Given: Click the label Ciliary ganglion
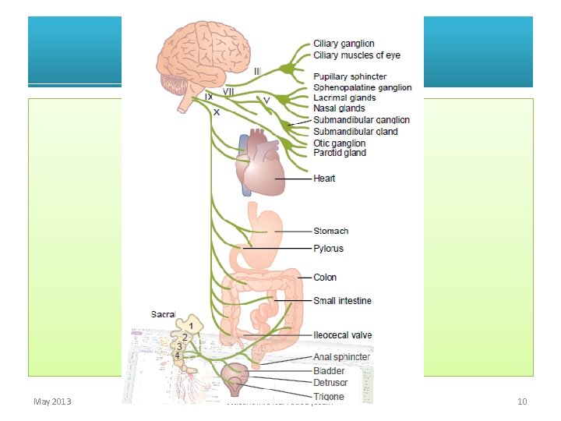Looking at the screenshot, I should pyautogui.click(x=344, y=44).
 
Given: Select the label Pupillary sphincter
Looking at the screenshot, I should pyautogui.click(x=350, y=76).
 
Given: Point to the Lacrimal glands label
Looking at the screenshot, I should pyautogui.click(x=344, y=98).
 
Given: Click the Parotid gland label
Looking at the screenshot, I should pyautogui.click(x=339, y=153).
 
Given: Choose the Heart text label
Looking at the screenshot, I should pyautogui.click(x=324, y=179).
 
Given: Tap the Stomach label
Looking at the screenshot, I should pyautogui.click(x=330, y=231).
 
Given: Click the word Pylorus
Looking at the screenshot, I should pyautogui.click(x=328, y=249).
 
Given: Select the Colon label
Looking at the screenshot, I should pyautogui.click(x=325, y=278).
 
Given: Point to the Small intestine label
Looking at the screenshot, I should pyautogui.click(x=342, y=301).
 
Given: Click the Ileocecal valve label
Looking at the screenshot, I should pyautogui.click(x=342, y=335).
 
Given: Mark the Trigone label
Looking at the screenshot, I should pyautogui.click(x=330, y=397).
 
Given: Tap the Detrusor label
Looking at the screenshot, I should pyautogui.click(x=331, y=384).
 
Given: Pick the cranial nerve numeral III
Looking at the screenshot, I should pyautogui.click(x=257, y=71).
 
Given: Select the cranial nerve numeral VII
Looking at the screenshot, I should pyautogui.click(x=229, y=91).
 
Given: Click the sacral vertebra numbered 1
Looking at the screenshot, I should pyautogui.click(x=191, y=325).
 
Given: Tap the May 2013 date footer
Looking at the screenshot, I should pyautogui.click(x=52, y=402).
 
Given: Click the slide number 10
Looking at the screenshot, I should pyautogui.click(x=522, y=402).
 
